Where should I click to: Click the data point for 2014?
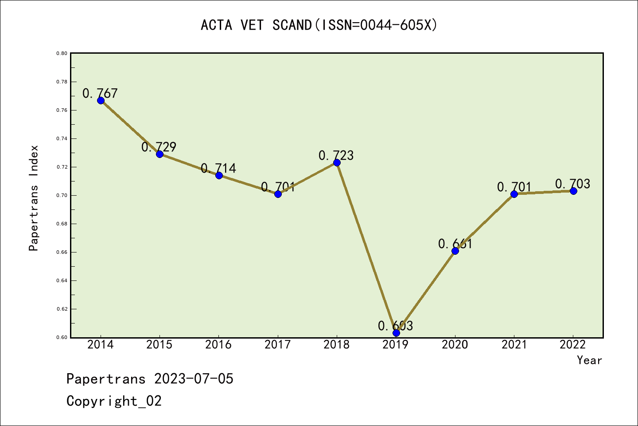(x=101, y=100)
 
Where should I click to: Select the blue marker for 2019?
(x=396, y=333)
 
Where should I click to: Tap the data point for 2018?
(x=337, y=162)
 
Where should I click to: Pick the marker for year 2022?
(x=573, y=191)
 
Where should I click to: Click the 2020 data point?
(x=455, y=251)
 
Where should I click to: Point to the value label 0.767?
(x=100, y=93)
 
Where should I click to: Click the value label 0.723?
(x=336, y=155)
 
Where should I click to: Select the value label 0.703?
(x=573, y=184)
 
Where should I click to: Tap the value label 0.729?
(x=159, y=147)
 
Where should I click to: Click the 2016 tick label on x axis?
(x=218, y=345)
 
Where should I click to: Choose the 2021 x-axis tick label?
(x=514, y=345)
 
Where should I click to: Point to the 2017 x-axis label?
(x=278, y=345)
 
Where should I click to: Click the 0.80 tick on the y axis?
(x=62, y=53)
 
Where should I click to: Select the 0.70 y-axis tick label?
(x=62, y=195)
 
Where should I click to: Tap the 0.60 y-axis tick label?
(x=62, y=337)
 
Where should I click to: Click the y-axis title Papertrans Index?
(x=34, y=198)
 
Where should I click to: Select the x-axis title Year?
(x=589, y=360)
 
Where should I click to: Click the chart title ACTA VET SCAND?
(x=319, y=25)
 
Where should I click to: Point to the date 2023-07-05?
(x=194, y=379)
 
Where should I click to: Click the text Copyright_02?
(x=114, y=401)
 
